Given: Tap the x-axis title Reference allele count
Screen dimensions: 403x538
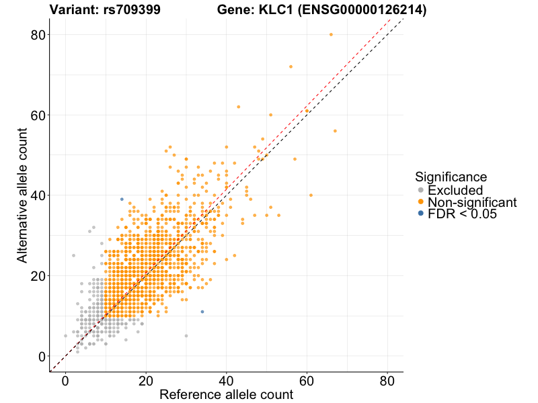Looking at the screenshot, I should (x=226, y=394).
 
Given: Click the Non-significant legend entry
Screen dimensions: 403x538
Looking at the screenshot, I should (x=471, y=201).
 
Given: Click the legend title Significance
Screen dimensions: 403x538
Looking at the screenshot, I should (x=451, y=177).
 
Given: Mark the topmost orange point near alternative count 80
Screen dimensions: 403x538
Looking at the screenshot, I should (x=331, y=34).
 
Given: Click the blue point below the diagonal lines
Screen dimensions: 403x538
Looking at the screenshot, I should (x=202, y=312).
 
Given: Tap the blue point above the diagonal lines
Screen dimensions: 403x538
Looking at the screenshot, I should (x=122, y=199).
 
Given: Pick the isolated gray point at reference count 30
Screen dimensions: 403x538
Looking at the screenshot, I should (x=186, y=336).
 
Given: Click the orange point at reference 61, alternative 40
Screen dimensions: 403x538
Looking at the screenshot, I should (x=311, y=195).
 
